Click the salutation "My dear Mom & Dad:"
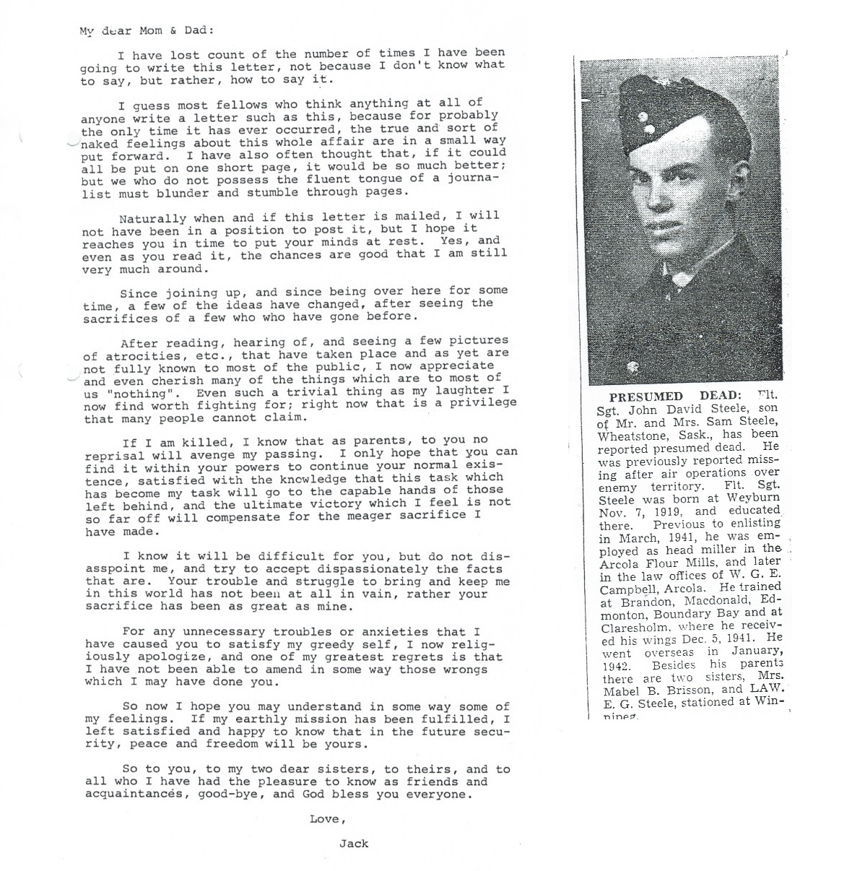(147, 30)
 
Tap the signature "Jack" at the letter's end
(354, 843)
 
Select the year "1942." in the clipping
(617, 665)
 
